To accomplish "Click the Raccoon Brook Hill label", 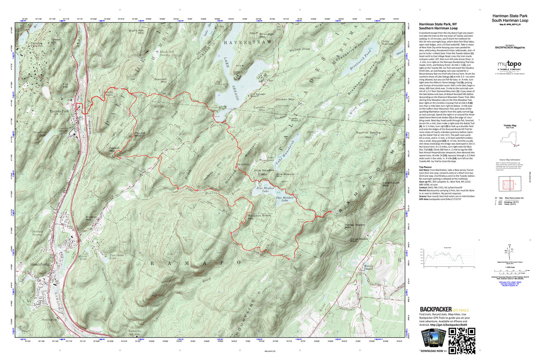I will pyautogui.click(x=259, y=217).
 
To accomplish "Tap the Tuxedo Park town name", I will pyautogui.click(x=59, y=111).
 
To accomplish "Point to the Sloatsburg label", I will pyautogui.click(x=40, y=264).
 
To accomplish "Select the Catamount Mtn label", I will pyautogui.click(x=391, y=184).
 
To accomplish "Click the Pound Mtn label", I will pyautogui.click(x=139, y=134).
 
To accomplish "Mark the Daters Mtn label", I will pyautogui.click(x=115, y=150).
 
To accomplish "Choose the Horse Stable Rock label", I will pyautogui.click(x=359, y=240).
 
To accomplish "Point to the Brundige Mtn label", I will pyautogui.click(x=266, y=36).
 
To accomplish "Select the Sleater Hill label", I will pyautogui.click(x=91, y=218).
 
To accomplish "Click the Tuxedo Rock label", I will pyautogui.click(x=293, y=120).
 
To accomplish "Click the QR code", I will pyautogui.click(x=462, y=341).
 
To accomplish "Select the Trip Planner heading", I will pyautogui.click(x=425, y=167).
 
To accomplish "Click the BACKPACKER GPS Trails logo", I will pyautogui.click(x=444, y=310).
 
